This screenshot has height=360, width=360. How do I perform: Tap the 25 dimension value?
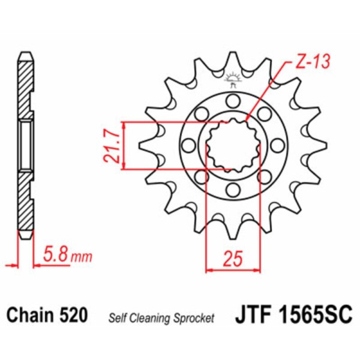click(233, 259)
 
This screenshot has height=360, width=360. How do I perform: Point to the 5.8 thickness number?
click(56, 256)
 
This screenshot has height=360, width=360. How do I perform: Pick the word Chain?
click(31, 315)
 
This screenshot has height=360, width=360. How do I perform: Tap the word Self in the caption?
click(117, 319)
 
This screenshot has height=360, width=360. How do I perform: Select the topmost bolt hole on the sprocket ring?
click(233, 100)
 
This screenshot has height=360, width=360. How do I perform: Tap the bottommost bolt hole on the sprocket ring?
click(233, 190)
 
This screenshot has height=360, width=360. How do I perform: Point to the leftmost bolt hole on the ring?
click(187, 145)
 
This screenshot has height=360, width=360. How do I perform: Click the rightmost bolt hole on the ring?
click(278, 145)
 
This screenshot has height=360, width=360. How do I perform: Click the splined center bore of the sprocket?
click(233, 145)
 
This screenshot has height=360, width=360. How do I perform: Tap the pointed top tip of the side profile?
click(25, 55)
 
